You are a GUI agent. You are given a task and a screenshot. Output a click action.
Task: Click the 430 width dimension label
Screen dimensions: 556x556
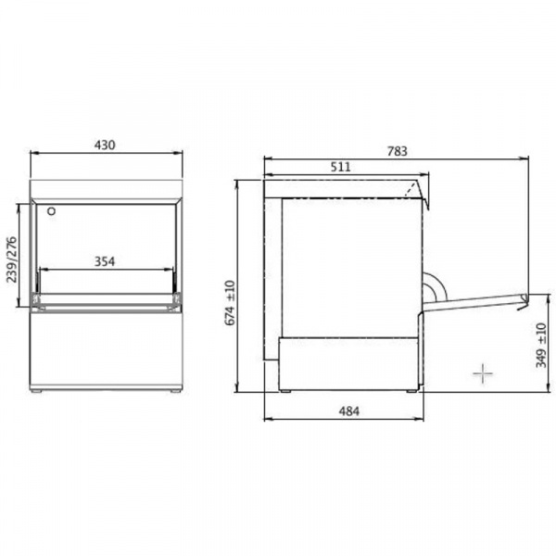pos(105,145)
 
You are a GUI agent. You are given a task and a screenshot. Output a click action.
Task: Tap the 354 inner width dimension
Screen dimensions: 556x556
pos(105,261)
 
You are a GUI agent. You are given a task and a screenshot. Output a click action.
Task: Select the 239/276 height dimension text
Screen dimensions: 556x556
pos(12,259)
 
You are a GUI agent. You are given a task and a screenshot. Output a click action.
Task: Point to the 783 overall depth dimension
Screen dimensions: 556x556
pos(398,151)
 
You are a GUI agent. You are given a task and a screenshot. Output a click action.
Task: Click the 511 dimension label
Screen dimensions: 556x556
pos(340,167)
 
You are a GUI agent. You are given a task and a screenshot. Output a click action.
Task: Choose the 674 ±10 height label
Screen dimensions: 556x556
pos(230,302)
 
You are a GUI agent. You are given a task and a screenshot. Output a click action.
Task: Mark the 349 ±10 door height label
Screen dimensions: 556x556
pos(541,346)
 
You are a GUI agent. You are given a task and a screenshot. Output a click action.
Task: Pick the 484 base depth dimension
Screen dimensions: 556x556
pos(349,411)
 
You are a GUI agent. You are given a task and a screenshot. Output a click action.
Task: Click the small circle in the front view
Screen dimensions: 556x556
pos(51,211)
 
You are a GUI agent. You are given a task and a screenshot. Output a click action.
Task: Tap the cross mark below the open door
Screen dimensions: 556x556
pos(483,373)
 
